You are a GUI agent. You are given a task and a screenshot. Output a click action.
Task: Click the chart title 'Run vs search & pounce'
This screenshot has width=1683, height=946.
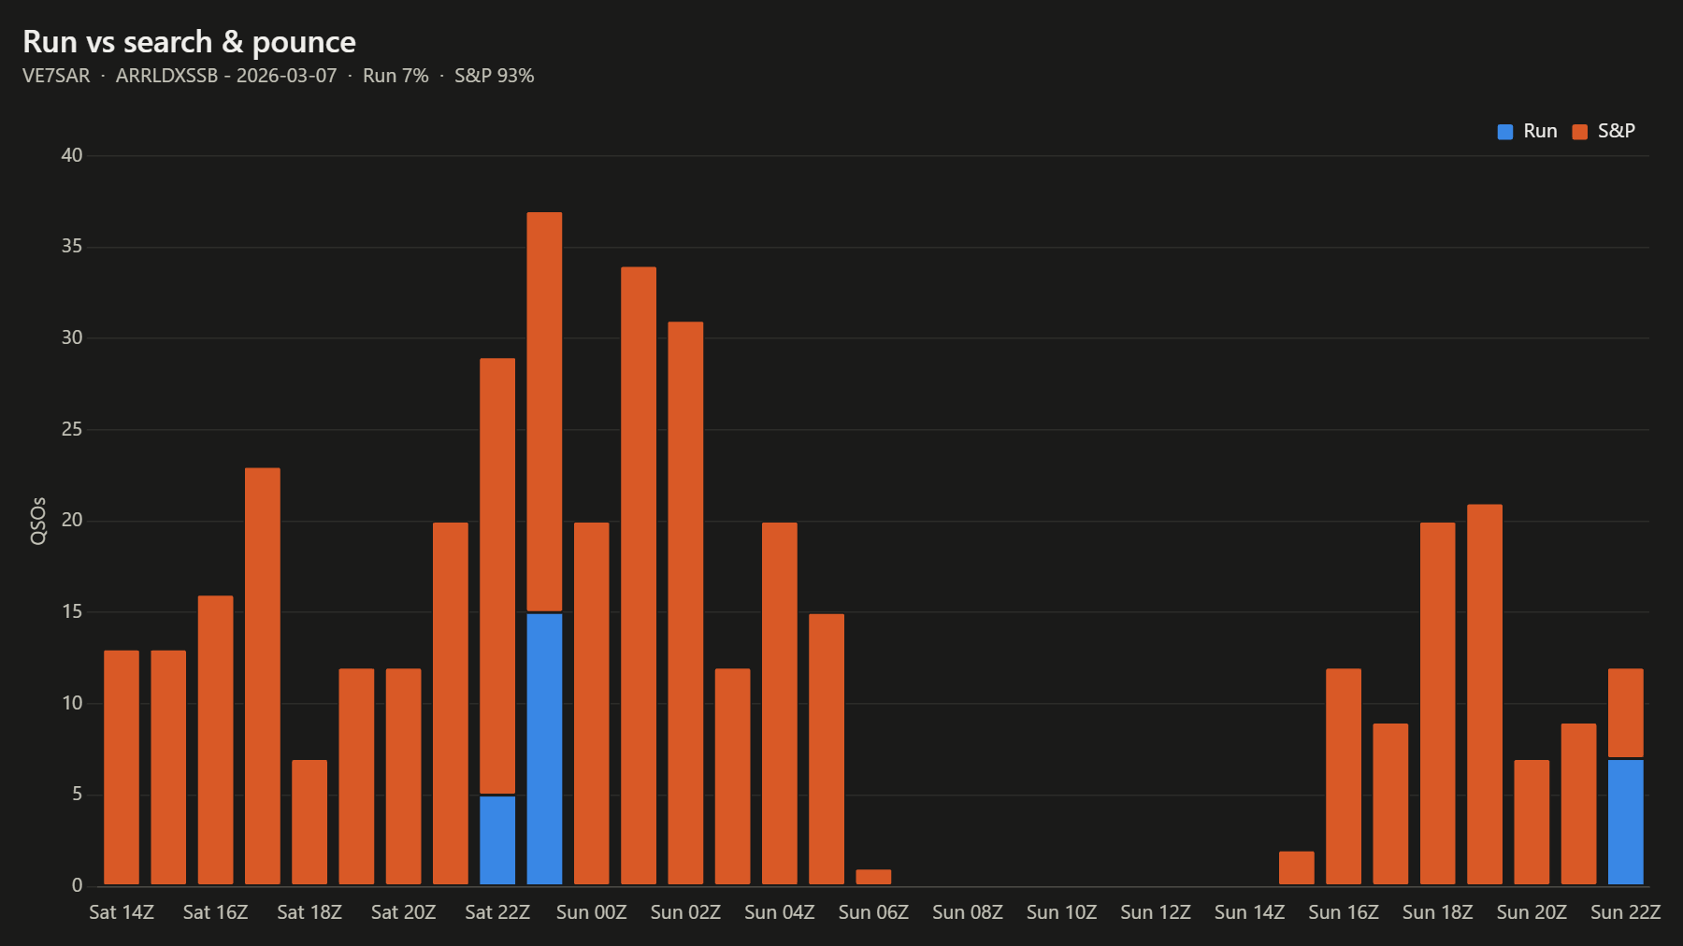point(189,42)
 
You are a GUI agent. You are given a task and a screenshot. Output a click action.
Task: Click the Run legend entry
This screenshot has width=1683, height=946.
point(1527,131)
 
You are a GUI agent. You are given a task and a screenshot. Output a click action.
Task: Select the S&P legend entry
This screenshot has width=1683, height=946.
point(1604,131)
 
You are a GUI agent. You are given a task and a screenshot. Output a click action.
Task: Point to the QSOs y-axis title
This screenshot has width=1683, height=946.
point(37,521)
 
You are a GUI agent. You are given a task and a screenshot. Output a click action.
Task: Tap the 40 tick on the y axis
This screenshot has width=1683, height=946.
point(72,155)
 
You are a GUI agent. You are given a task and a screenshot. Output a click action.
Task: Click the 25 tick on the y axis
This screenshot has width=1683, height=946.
point(72,429)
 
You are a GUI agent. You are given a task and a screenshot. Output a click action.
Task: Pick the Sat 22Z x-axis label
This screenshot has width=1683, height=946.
point(497,912)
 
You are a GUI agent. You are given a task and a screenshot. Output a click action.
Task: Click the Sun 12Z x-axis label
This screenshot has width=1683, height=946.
point(1156,912)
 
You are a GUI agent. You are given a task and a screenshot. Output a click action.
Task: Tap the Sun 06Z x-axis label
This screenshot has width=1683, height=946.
point(873,912)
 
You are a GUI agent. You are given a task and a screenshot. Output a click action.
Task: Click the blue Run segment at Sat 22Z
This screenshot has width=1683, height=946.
point(497,839)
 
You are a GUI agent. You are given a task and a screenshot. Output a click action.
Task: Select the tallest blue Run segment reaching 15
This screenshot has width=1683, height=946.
point(544,749)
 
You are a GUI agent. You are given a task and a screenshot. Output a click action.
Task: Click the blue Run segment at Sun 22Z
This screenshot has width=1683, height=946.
point(1625,822)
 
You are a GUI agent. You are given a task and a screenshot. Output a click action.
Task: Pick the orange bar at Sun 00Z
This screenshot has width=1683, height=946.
point(591,703)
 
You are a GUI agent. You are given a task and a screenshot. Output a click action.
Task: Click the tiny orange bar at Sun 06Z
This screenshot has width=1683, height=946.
point(873,877)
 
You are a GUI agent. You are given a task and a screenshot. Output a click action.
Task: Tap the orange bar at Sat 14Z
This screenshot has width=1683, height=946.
point(122,767)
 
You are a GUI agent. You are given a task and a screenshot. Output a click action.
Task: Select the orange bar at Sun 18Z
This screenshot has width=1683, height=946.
point(1437,703)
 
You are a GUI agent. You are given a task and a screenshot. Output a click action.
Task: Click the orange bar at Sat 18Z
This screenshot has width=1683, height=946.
point(309,822)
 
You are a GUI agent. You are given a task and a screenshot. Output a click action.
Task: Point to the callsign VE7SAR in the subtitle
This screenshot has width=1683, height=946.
point(56,76)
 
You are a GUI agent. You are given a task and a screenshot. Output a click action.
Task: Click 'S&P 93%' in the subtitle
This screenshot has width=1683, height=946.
point(494,76)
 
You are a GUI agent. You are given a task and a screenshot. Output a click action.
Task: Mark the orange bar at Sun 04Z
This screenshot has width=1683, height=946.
point(780,703)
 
